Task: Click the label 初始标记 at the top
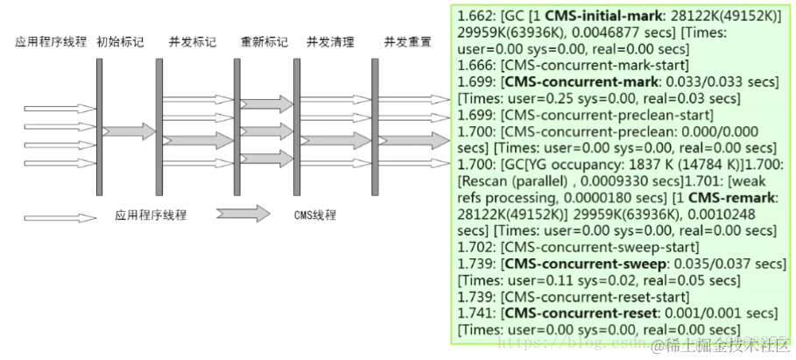pos(120,42)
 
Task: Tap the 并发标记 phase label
pos(193,42)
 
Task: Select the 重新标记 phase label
pos(264,42)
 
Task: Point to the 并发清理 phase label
pos(330,42)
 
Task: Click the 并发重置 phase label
pos(406,42)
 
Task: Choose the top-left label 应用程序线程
pos(51,42)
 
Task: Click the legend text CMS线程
pos(315,215)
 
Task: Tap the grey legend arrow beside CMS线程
pos(243,215)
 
